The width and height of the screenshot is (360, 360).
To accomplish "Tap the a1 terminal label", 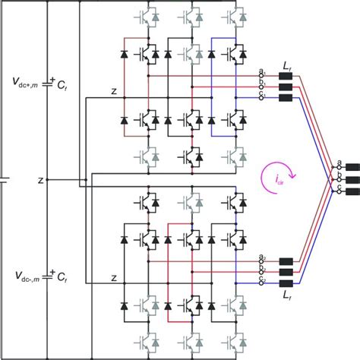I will pyautogui.click(x=263, y=73).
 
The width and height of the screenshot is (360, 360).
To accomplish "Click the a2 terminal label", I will pyautogui.click(x=263, y=259).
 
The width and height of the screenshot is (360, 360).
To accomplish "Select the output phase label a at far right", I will pyautogui.click(x=339, y=163).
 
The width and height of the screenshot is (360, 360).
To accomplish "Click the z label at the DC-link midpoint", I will pyautogui.click(x=40, y=180).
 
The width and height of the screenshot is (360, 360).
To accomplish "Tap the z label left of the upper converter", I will pyautogui.click(x=113, y=92).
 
